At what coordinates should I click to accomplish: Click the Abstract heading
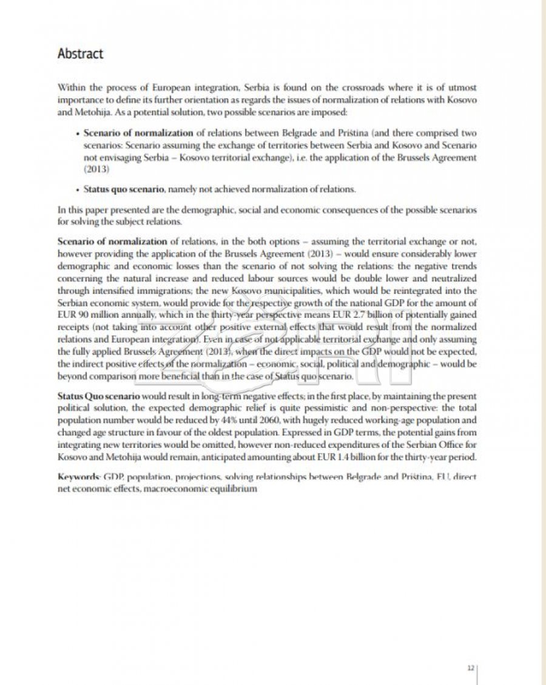[80, 53]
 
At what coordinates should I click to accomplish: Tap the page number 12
[471, 667]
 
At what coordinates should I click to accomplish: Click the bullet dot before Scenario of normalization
[79, 133]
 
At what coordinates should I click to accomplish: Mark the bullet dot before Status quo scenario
[79, 189]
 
